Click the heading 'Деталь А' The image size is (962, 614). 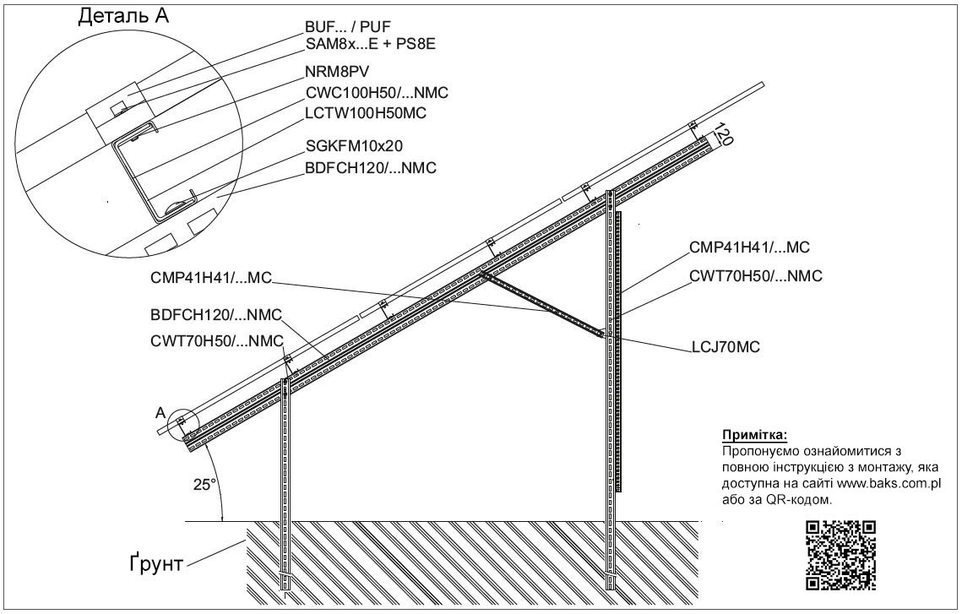click(x=122, y=16)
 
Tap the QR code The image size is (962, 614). click(x=840, y=555)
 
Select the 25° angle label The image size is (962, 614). click(x=205, y=485)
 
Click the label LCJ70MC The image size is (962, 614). click(x=726, y=347)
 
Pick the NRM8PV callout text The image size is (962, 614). click(x=337, y=72)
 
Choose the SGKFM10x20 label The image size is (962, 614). click(x=354, y=146)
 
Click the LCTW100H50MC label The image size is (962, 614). click(x=366, y=113)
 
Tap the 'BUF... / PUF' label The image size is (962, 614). click(x=348, y=27)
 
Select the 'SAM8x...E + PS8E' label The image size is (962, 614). click(x=371, y=44)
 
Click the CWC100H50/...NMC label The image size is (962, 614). click(x=378, y=93)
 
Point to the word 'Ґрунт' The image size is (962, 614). click(x=156, y=563)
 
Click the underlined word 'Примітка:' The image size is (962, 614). click(x=754, y=436)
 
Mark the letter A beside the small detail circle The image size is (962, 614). click(x=160, y=413)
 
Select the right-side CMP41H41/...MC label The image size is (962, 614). click(x=749, y=247)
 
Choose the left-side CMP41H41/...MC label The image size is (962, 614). click(x=210, y=279)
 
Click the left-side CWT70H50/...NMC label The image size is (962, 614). click(x=217, y=341)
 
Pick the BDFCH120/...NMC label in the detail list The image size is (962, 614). click(x=371, y=167)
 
